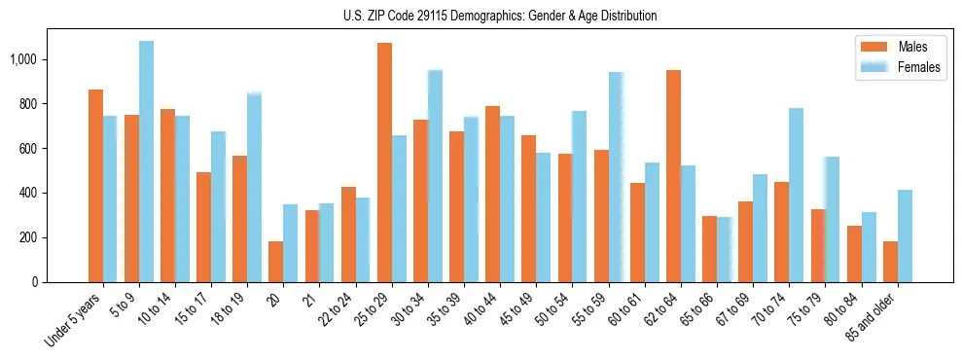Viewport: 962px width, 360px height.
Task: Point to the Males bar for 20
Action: coord(276,262)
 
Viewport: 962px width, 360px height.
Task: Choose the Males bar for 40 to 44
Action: coord(492,194)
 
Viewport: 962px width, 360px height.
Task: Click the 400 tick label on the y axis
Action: coord(32,193)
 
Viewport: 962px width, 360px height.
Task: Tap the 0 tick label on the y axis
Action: coord(37,282)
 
